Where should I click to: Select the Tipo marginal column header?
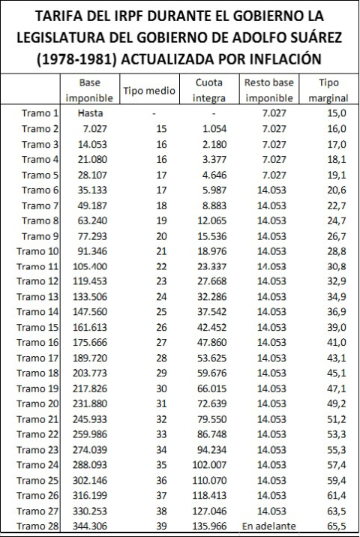[x=328, y=90]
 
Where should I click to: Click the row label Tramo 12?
[x=37, y=281]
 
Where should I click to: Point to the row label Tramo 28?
[x=37, y=526]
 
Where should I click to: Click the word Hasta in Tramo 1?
[x=89, y=112]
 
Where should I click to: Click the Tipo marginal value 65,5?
[x=331, y=526]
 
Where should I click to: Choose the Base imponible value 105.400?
[x=89, y=266]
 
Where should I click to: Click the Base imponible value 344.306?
[x=89, y=526]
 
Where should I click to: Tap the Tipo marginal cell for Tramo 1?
[x=331, y=112]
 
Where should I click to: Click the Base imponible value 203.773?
[x=89, y=373]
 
